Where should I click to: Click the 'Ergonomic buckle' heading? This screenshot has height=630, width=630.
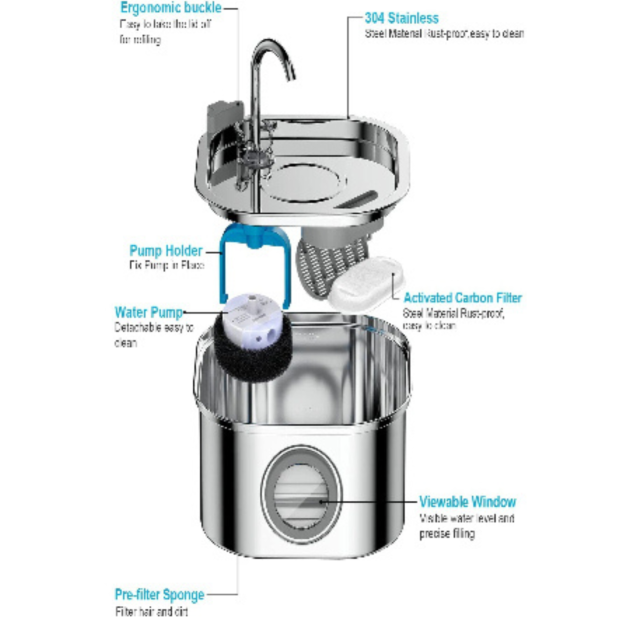pos(170,8)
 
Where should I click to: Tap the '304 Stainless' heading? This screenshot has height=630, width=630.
pos(401,17)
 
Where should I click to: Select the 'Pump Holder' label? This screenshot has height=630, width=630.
pos(166,251)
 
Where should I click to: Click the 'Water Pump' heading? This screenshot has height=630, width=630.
pos(148,312)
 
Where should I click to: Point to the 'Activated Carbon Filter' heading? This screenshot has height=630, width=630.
pos(463,298)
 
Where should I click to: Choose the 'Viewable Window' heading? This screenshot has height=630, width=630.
pos(467,502)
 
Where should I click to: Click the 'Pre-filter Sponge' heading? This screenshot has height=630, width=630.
pos(159,595)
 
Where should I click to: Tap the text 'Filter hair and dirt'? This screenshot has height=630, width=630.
pos(151,612)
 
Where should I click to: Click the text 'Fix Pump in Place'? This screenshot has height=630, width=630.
pos(166,266)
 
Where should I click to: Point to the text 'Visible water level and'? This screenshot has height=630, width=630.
pos(467,518)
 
